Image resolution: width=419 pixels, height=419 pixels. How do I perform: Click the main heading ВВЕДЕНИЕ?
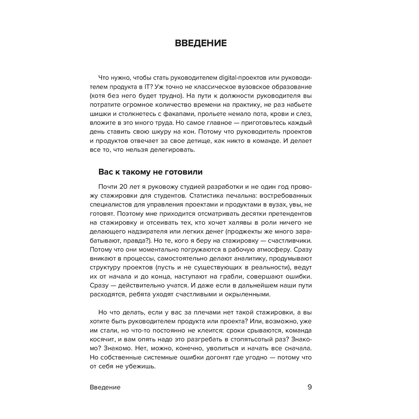point(200,43)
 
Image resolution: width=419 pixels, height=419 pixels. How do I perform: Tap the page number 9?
point(310,387)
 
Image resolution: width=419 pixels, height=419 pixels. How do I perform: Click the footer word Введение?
point(105,387)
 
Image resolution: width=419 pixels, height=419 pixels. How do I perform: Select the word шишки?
point(101,115)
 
